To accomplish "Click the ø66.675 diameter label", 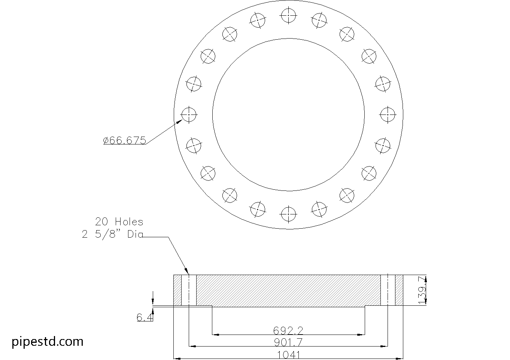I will [124, 140].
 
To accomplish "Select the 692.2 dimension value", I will [288, 330].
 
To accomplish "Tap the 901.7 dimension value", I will [288, 342].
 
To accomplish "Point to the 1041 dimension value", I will [288, 354].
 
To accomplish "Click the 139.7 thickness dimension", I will [423, 290].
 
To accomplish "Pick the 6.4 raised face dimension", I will [145, 318].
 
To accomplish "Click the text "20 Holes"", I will [119, 222].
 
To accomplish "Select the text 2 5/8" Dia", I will [112, 235].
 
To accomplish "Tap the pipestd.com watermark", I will [48, 341].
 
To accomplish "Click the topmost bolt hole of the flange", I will [288, 16].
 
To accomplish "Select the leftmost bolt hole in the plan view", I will [189, 115].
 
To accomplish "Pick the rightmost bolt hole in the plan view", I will [388, 115].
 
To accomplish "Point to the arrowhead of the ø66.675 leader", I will [180, 121].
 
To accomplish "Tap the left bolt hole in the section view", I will [189, 290].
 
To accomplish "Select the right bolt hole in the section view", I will [388, 290].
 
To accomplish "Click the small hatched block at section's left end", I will [177, 290].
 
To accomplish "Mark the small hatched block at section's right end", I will [399, 290].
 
